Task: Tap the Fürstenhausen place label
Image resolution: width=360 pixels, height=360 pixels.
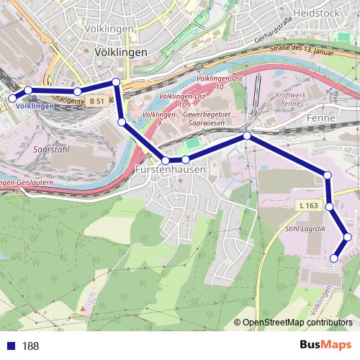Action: coord(170,169)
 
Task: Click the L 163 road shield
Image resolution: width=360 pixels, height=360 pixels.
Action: coord(307,205)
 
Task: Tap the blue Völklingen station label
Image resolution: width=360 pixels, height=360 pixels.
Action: coord(34,107)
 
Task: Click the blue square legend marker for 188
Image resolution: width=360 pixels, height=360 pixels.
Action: coord(11,346)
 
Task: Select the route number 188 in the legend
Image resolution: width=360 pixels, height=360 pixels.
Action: coord(30,346)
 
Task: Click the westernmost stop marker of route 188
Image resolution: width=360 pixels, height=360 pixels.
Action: coord(12,98)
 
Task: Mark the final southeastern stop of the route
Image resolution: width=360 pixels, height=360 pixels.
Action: coord(334,258)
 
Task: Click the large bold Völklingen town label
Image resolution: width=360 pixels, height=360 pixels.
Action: coord(121,53)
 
